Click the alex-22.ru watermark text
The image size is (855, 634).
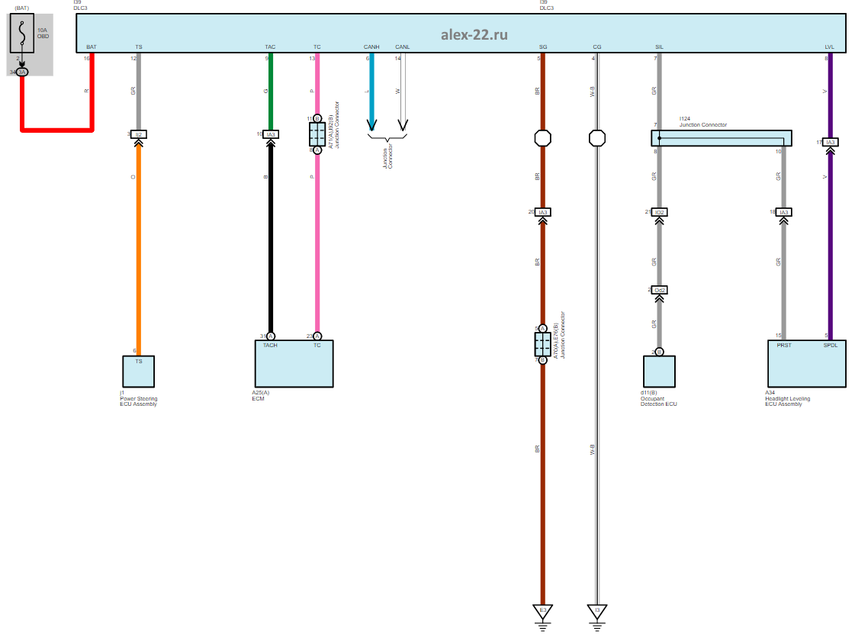tap(474, 34)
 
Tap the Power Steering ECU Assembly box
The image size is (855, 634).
tap(138, 372)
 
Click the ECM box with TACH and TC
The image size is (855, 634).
tap(294, 364)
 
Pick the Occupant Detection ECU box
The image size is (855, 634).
tap(659, 372)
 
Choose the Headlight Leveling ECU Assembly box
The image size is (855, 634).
tap(806, 364)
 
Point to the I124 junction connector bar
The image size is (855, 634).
tap(721, 138)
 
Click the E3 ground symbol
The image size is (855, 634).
tap(542, 612)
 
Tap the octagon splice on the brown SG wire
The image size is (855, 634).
tap(542, 139)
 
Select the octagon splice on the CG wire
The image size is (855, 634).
tap(597, 139)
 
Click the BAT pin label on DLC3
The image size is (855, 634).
tap(92, 47)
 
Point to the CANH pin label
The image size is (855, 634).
tap(371, 47)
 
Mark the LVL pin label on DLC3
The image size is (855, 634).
tap(829, 47)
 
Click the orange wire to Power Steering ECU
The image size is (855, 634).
tap(138, 244)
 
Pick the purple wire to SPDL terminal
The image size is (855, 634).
tap(830, 244)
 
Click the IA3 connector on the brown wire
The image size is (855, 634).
tap(542, 212)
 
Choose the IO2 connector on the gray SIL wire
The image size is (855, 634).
tap(660, 212)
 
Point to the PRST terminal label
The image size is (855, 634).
tap(783, 346)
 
